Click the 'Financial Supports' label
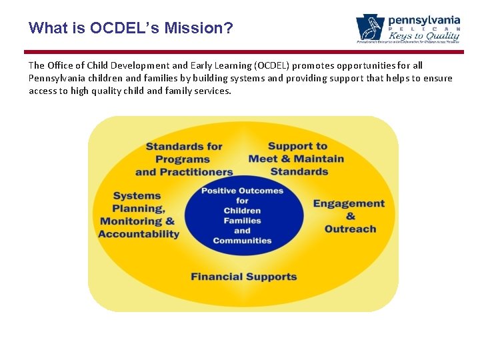[x=243, y=277]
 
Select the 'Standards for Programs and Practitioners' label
[x=184, y=159]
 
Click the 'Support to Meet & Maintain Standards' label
[x=297, y=159]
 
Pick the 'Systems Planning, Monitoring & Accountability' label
[x=139, y=215]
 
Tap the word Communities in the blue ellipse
[x=243, y=241]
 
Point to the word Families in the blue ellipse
[x=243, y=221]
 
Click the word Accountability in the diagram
[x=139, y=234]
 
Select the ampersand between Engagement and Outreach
[x=351, y=216]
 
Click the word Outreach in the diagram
[x=350, y=229]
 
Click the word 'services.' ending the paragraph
[x=212, y=91]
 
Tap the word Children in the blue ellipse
[x=243, y=211]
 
